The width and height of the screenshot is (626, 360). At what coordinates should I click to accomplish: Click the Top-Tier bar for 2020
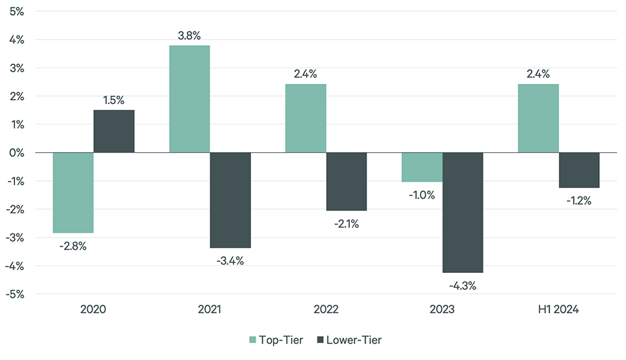pyautogui.click(x=73, y=193)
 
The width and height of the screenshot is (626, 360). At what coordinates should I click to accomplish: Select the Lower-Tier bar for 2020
pyautogui.click(x=114, y=131)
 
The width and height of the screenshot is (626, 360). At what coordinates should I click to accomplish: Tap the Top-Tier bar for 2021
pyautogui.click(x=190, y=99)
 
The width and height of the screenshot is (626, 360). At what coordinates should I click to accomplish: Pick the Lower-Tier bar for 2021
pyautogui.click(x=230, y=200)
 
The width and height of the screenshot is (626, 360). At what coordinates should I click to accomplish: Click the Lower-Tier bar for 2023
pyautogui.click(x=463, y=213)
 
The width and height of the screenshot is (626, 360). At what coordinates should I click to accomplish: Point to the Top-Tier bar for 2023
pyautogui.click(x=422, y=167)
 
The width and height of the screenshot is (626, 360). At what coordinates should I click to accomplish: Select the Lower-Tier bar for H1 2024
pyautogui.click(x=579, y=170)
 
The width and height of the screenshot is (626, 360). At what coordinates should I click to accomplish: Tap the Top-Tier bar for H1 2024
pyautogui.click(x=538, y=118)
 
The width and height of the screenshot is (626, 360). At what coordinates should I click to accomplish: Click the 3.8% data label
pyautogui.click(x=189, y=36)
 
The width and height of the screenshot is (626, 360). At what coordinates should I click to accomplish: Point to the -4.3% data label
pyautogui.click(x=463, y=286)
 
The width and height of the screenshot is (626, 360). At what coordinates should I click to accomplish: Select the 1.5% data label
pyautogui.click(x=114, y=100)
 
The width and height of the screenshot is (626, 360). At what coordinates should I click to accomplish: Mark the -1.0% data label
pyautogui.click(x=422, y=195)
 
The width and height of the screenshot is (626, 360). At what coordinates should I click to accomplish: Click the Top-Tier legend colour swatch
pyautogui.click(x=253, y=340)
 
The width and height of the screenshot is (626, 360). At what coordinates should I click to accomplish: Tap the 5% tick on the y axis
pyautogui.click(x=17, y=11)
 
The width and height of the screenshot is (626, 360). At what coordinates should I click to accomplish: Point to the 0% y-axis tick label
pyautogui.click(x=17, y=153)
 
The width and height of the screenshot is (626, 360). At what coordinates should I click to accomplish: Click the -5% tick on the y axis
pyautogui.click(x=16, y=294)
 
